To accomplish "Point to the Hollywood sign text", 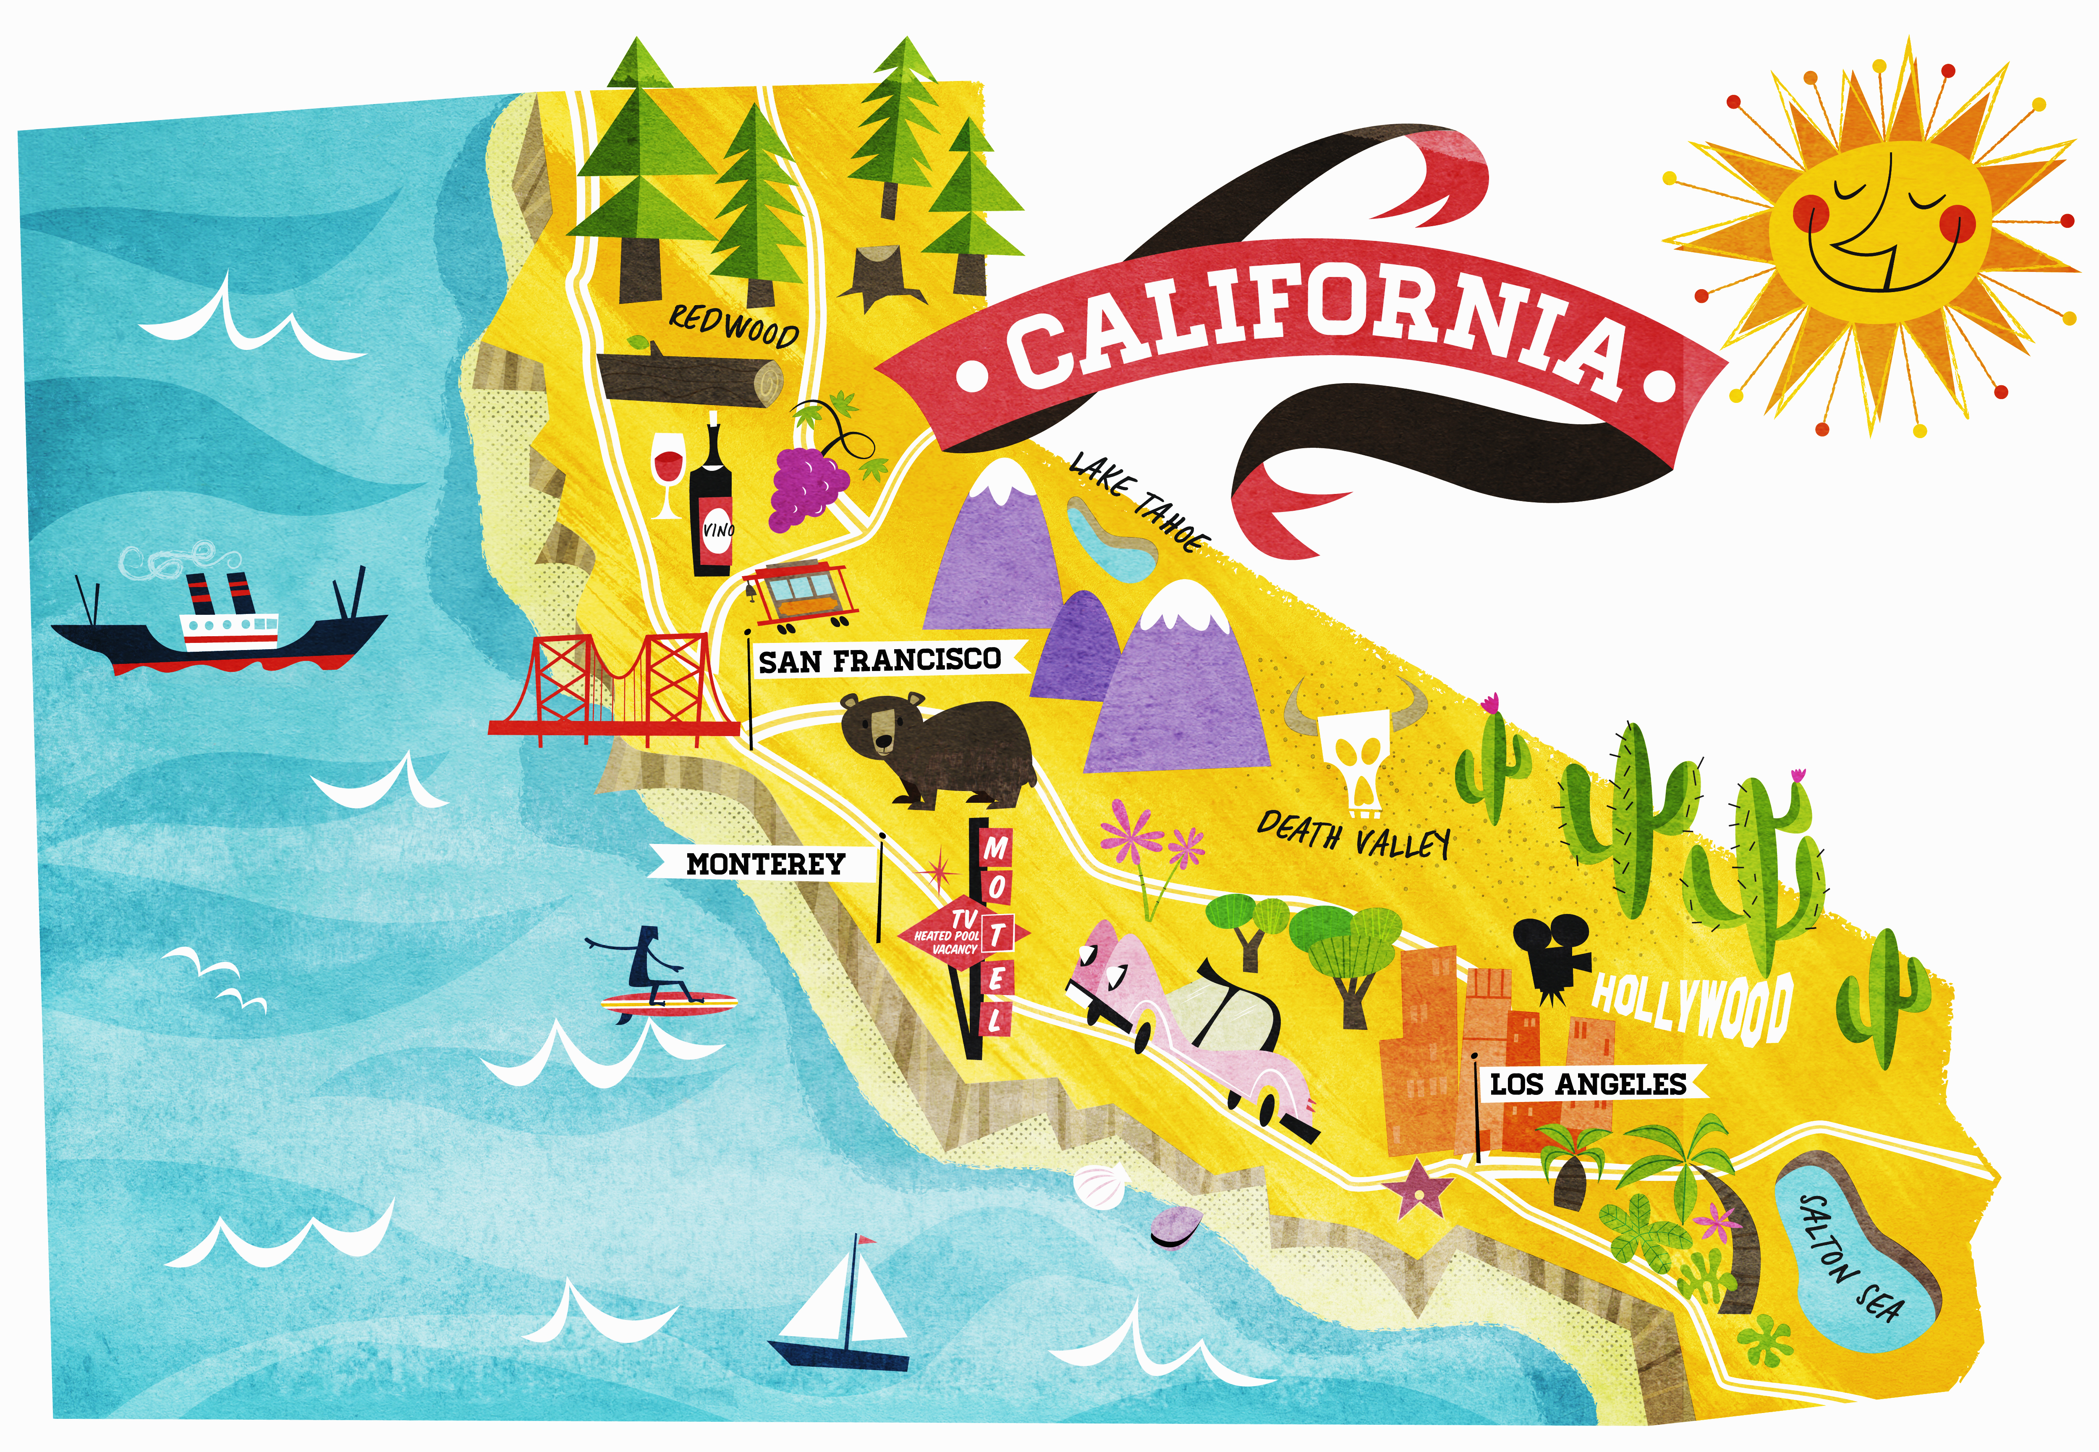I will click(x=1691, y=1005).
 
